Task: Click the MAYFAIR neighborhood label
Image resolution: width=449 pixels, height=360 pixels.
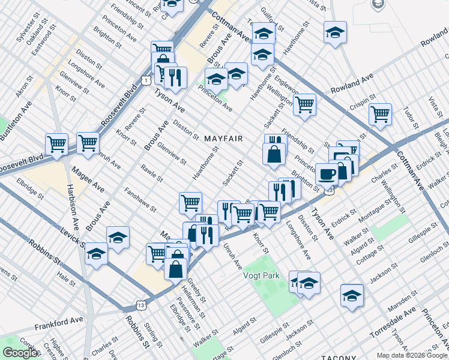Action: point(223,139)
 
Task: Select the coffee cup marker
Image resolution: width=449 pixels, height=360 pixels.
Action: point(326,174)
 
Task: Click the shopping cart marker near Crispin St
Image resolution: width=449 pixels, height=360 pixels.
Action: point(380,113)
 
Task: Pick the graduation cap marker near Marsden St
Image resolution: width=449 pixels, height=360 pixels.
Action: point(352,295)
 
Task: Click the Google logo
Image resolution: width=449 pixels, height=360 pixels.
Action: point(19,353)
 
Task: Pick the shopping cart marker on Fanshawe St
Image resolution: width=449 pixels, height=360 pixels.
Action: point(190,203)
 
